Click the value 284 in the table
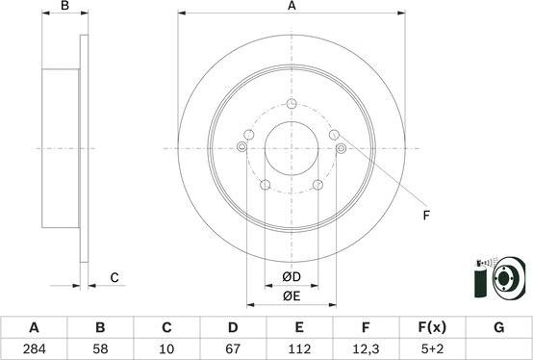coord(34,348)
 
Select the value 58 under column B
coord(100,348)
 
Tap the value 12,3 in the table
coord(367,348)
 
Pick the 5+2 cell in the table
coord(432,348)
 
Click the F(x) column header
coord(432,327)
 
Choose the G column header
coord(498,327)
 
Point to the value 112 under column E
coord(299,348)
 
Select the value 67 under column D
coord(233,348)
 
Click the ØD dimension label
coord(292,277)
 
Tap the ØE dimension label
coord(292,296)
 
